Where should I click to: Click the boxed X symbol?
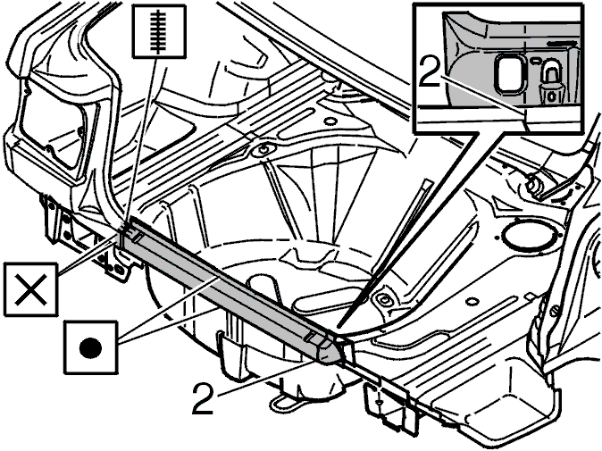pos(30,289)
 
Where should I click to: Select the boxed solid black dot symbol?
pos(90,347)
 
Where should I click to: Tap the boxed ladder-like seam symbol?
pos(159,31)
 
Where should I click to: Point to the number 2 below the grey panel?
pos(203,398)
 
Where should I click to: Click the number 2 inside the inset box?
pos(430,71)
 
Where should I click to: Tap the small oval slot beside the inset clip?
pos(533,61)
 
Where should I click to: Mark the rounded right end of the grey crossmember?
pos(331,351)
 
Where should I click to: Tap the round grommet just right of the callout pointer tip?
pos(383,298)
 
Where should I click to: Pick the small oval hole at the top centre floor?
pos(329,121)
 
